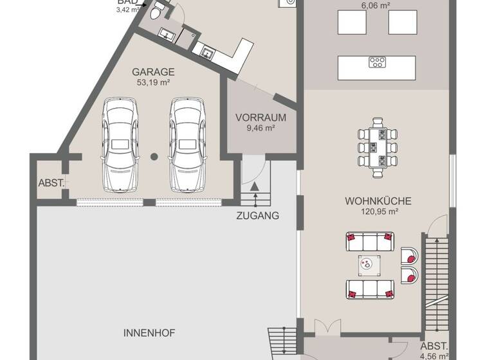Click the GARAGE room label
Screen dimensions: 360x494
pyautogui.click(x=153, y=72)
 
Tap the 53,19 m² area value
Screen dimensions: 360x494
pyautogui.click(x=153, y=82)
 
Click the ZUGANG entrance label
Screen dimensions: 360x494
pyautogui.click(x=258, y=216)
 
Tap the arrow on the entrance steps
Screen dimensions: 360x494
pyautogui.click(x=255, y=187)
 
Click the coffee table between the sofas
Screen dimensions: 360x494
pyautogui.click(x=369, y=264)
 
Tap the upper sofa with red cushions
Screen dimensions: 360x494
pyautogui.click(x=369, y=242)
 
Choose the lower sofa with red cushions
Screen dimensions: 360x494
pyautogui.click(x=369, y=288)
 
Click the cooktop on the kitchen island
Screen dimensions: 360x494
pyautogui.click(x=377, y=62)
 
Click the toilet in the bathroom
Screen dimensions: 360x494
pyautogui.click(x=156, y=14)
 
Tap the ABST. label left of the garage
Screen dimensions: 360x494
pyautogui.click(x=51, y=183)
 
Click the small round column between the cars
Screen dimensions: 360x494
pyautogui.click(x=154, y=156)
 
